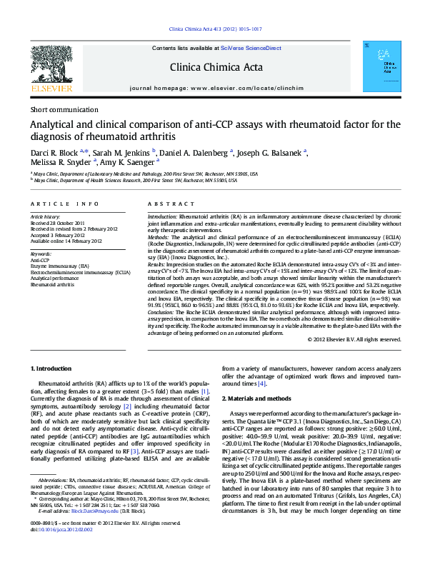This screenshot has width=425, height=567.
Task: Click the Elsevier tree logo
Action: (x=52, y=67)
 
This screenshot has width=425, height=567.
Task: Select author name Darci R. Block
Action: (x=56, y=151)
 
